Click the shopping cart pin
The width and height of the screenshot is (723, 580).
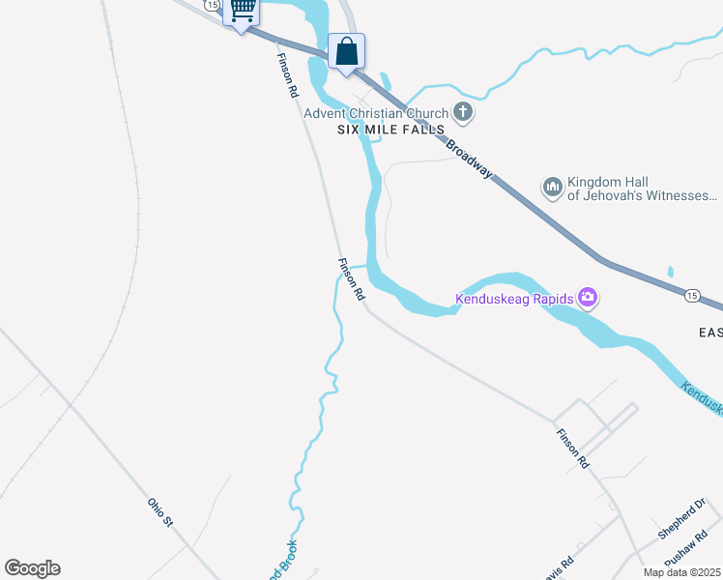[x=242, y=11]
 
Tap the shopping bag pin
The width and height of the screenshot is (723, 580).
[x=346, y=51]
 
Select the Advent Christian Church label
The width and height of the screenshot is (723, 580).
[x=377, y=113]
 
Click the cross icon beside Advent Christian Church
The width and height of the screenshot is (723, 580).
[x=463, y=112]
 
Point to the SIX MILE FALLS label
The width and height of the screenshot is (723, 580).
[x=390, y=130]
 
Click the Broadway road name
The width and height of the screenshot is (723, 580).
[x=470, y=159]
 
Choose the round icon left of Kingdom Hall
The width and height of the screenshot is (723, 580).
[x=553, y=187]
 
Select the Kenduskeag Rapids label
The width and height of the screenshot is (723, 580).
[x=515, y=299]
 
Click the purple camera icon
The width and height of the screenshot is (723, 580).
[x=587, y=297]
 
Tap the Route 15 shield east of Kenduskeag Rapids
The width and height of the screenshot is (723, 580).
[x=692, y=294]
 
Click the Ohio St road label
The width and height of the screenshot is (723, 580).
[x=159, y=511]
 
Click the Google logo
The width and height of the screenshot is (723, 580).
[x=32, y=568]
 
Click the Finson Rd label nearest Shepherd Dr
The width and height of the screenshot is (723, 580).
[x=572, y=449]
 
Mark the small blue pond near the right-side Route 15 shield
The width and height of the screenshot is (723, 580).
[x=670, y=273]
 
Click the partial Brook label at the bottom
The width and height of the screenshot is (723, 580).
[x=281, y=563]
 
